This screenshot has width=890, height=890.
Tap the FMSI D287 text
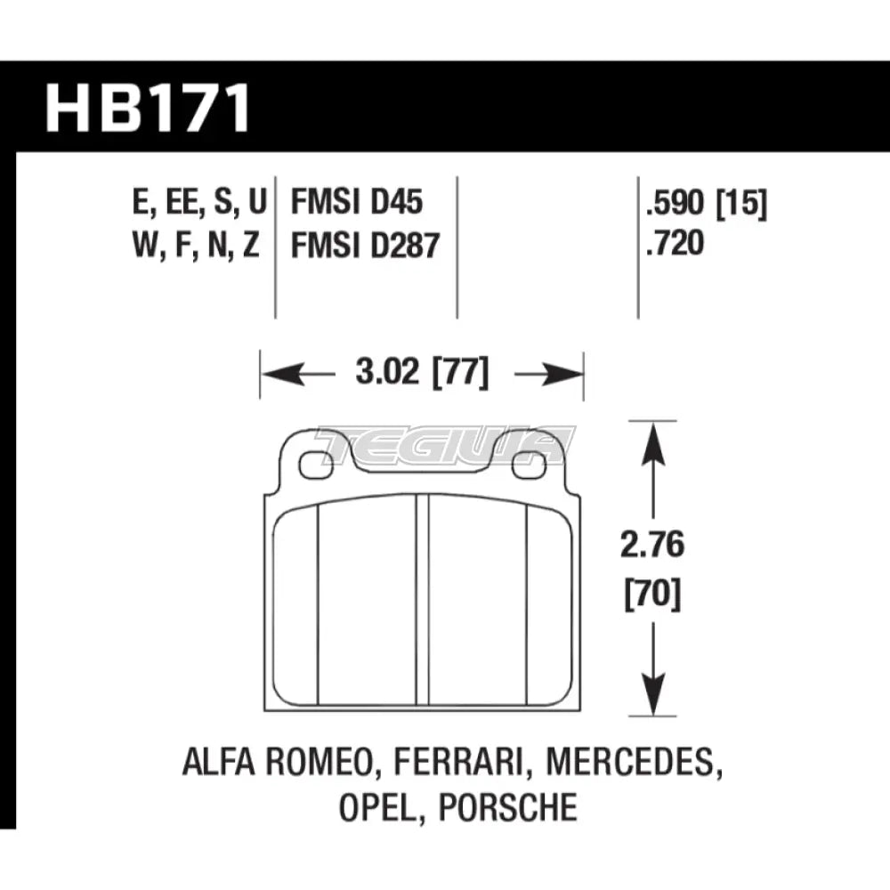366,244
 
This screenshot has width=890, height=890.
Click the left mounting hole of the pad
311,464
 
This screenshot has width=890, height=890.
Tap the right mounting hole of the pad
531,464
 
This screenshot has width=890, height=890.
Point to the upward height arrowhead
655,436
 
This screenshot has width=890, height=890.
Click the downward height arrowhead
655,699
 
